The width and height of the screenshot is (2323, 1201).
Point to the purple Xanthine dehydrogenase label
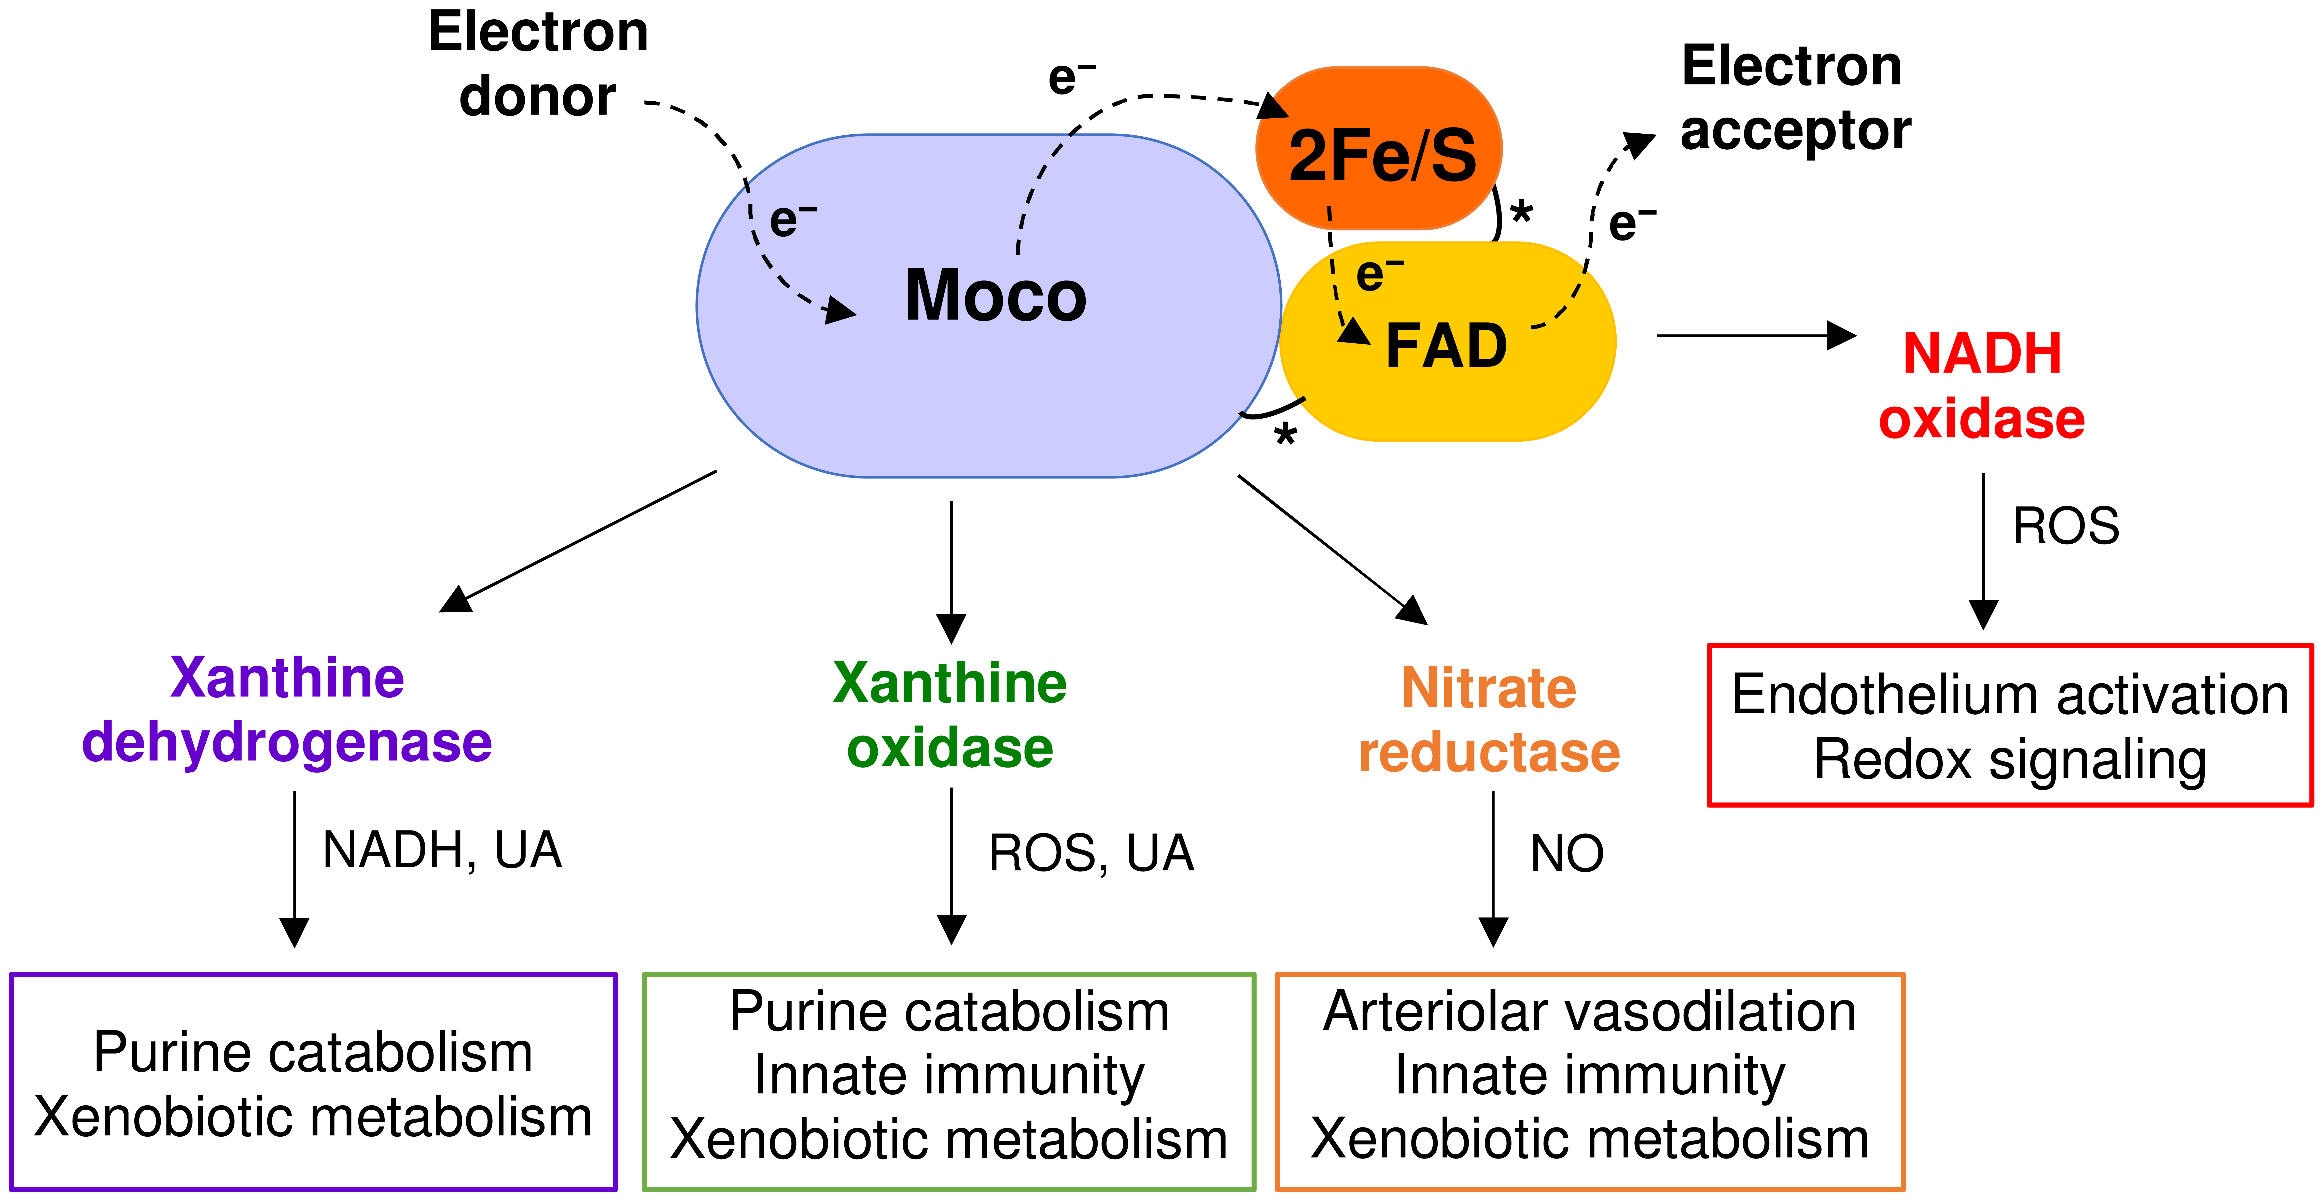287,710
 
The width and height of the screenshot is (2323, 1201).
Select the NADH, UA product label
442,850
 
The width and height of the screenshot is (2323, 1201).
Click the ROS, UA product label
1091,853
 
